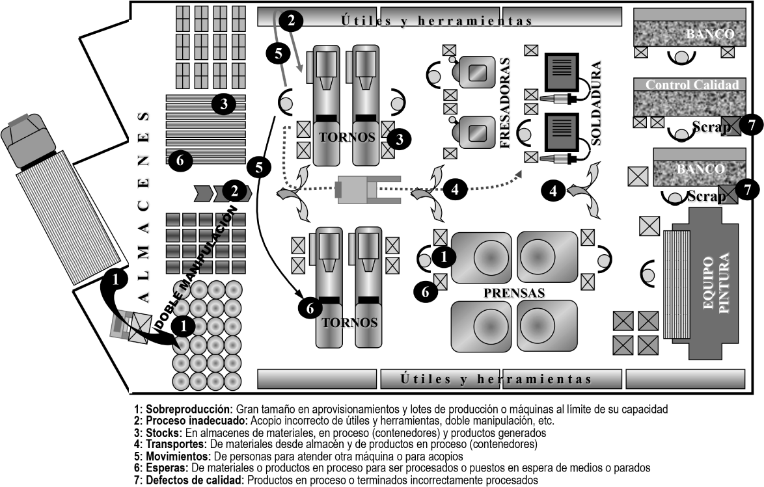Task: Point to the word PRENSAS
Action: [513, 293]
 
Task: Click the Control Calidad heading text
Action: [692, 85]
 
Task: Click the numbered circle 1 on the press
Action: [444, 257]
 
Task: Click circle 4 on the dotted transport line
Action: [455, 190]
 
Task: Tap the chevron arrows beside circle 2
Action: [207, 192]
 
